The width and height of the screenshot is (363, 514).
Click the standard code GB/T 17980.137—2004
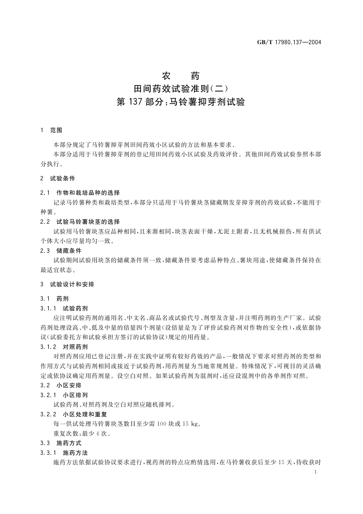289,42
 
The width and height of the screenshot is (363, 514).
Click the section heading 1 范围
51,130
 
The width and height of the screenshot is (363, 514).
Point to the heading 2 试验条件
58,179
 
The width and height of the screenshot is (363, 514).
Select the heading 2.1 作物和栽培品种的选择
80,193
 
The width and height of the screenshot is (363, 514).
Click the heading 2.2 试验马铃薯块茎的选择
80,222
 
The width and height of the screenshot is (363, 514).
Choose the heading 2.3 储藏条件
61,251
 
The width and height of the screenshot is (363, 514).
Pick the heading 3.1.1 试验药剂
64,308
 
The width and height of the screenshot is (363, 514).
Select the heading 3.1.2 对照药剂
64,347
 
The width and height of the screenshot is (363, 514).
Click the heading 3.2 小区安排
61,385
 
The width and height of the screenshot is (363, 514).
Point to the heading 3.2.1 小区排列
64,395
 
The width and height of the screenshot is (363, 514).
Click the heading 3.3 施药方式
61,443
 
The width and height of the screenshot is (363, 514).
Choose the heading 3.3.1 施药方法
64,453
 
